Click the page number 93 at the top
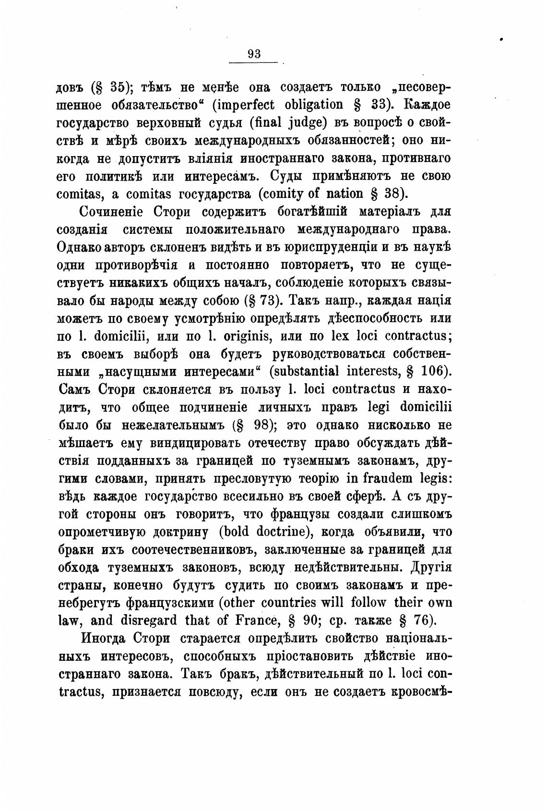[x=254, y=54]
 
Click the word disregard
[x=146, y=620]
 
